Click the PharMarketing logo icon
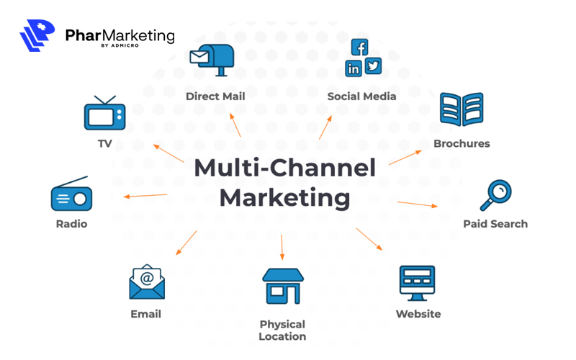(38, 36)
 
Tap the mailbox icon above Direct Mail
(212, 58)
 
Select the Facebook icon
(360, 48)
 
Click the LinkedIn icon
(354, 68)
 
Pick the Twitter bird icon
(372, 66)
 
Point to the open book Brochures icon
(461, 110)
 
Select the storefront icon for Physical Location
(282, 286)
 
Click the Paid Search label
(495, 224)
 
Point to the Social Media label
(361, 96)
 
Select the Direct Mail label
(215, 96)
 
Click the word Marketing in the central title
(285, 197)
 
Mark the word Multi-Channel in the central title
(285, 168)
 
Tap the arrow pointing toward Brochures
(405, 158)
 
